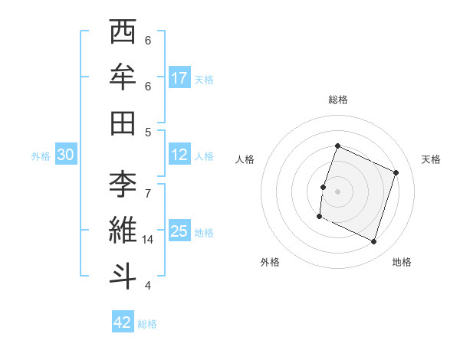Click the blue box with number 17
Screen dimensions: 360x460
click(x=179, y=78)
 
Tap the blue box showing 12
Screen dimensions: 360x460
click(x=179, y=155)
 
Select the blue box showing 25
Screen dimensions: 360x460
click(x=179, y=231)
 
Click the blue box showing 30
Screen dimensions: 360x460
click(x=65, y=155)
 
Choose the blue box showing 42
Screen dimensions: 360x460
click(x=123, y=322)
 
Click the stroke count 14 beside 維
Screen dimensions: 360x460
click(x=149, y=240)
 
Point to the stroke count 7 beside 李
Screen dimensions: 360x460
click(x=148, y=185)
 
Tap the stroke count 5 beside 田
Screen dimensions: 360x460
click(x=148, y=132)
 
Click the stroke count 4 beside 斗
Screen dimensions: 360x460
click(x=148, y=286)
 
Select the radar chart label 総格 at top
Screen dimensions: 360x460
click(x=338, y=100)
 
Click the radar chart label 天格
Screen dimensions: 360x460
click(x=432, y=159)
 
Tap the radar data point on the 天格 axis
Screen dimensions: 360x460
click(x=396, y=172)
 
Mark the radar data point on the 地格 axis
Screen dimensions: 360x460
click(x=374, y=241)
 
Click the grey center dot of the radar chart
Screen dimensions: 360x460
click(x=338, y=191)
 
